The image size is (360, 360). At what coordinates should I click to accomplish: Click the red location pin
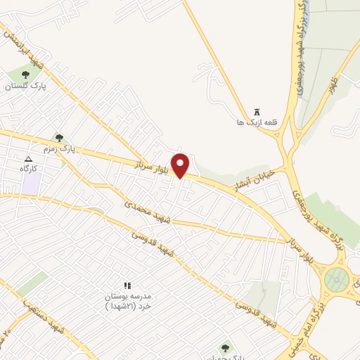[181, 165]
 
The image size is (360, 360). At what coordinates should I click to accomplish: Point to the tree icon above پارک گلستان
[25, 75]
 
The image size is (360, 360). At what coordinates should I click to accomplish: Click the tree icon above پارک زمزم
[58, 137]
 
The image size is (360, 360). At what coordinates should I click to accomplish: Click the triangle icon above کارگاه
[28, 159]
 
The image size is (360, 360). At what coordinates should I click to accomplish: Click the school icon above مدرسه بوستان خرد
[127, 285]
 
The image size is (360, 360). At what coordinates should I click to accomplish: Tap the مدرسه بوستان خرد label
[127, 302]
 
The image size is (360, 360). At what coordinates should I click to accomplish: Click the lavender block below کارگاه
[30, 184]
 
